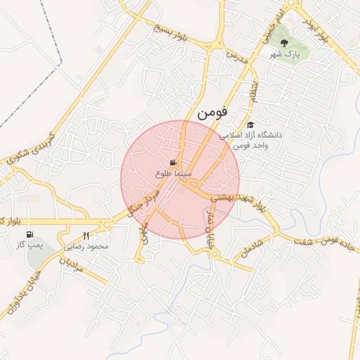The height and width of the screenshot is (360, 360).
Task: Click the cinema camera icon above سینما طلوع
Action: click(x=173, y=163)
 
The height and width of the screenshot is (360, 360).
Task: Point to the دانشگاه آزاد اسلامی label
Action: click(x=252, y=134)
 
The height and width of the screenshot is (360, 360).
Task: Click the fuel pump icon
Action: click(x=29, y=235)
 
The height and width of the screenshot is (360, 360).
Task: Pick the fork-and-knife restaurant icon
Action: click(x=86, y=236)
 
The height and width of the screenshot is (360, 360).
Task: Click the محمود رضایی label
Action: click(x=88, y=247)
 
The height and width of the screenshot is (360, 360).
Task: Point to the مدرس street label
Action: click(x=238, y=58)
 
